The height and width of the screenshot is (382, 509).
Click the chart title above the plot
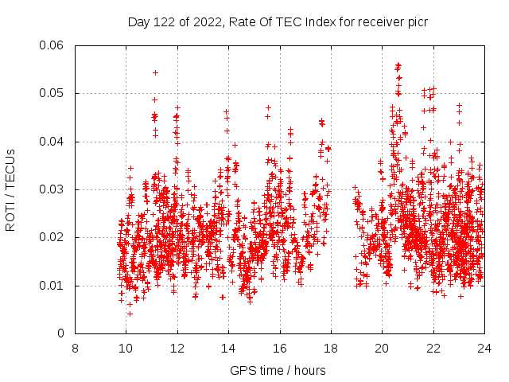[278, 21]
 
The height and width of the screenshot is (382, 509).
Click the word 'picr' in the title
[417, 21]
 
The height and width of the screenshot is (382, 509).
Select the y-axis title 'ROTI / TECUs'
[10, 189]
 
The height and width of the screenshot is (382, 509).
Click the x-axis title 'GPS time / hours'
[278, 370]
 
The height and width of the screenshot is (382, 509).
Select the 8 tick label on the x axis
[75, 348]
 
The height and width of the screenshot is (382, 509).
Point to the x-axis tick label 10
[126, 348]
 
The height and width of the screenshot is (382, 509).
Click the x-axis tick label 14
[228, 348]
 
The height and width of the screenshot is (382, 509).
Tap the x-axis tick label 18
[331, 348]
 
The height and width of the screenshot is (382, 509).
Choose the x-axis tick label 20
[382, 348]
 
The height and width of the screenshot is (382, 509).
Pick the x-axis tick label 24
[484, 348]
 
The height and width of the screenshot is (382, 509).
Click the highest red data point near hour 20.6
[398, 64]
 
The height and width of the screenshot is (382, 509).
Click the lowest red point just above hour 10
[130, 314]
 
